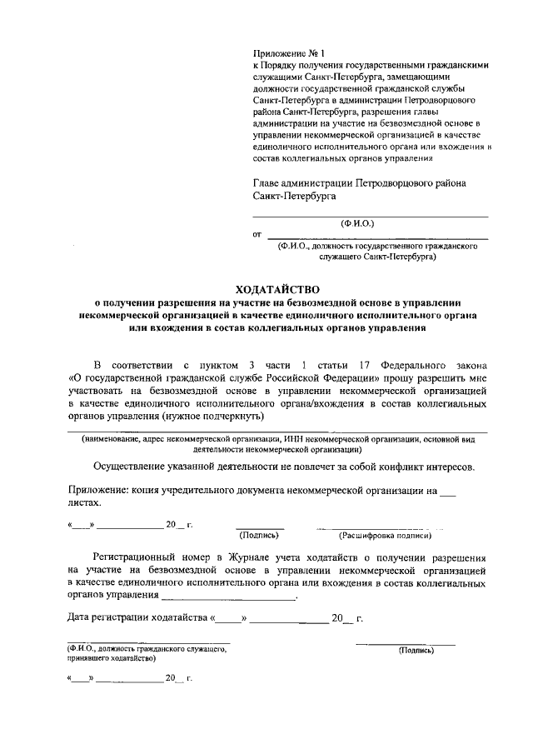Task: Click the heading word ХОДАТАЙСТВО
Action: (x=277, y=287)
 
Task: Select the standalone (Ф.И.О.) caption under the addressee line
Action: (x=356, y=224)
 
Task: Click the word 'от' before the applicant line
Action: (x=257, y=235)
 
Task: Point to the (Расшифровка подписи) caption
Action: (x=372, y=537)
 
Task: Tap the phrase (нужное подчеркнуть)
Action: (x=213, y=415)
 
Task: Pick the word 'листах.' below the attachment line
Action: (x=85, y=503)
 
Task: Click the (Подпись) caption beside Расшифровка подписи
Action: (x=259, y=537)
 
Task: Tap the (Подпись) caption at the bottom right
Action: (x=416, y=650)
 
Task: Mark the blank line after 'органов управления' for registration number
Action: (x=227, y=597)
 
